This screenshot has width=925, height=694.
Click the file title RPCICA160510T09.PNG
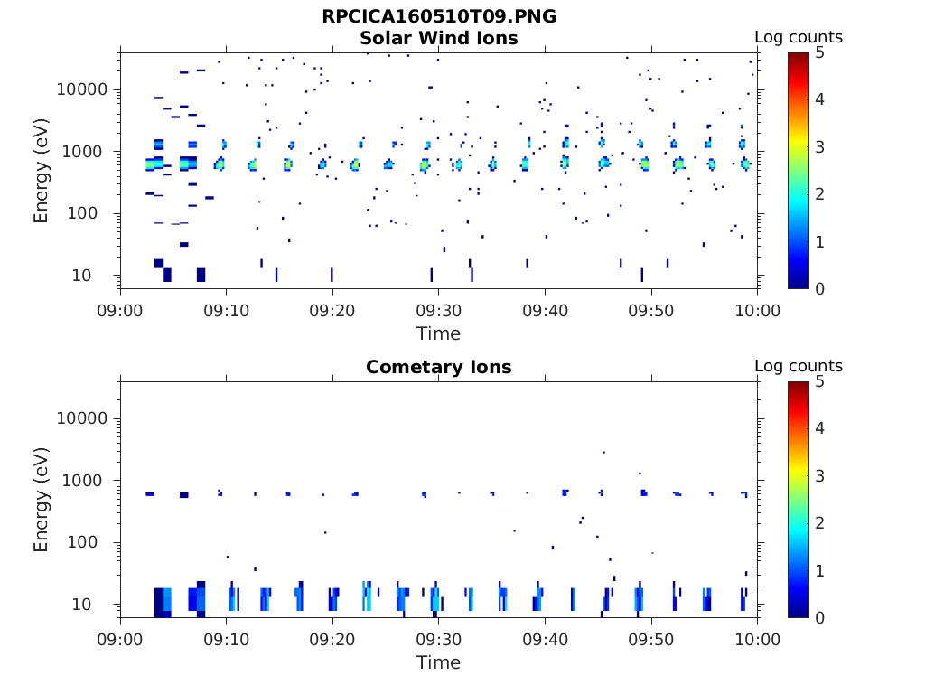tap(439, 16)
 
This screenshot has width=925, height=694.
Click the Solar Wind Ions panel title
tap(439, 38)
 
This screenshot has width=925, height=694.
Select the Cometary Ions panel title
tap(439, 367)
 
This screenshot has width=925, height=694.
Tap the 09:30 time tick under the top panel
tap(438, 312)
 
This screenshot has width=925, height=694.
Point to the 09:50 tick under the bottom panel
tap(651, 641)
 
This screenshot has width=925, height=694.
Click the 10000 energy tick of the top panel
tap(82, 89)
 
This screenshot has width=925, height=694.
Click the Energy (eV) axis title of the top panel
tap(42, 169)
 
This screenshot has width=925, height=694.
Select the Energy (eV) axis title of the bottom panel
tap(42, 498)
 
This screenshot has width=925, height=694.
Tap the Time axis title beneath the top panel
tap(438, 333)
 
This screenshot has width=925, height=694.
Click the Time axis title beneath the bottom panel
tap(438, 662)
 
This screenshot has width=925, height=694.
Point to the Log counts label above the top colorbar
tap(799, 37)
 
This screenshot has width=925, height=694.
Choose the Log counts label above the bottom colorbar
tap(799, 366)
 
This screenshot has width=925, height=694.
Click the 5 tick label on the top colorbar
tap(823, 53)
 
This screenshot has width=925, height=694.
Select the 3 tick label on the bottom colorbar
tap(823, 475)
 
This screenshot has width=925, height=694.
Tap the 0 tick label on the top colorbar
tap(823, 288)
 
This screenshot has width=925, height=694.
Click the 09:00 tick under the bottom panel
tap(121, 641)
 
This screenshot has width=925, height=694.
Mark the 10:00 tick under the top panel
tap(757, 312)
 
